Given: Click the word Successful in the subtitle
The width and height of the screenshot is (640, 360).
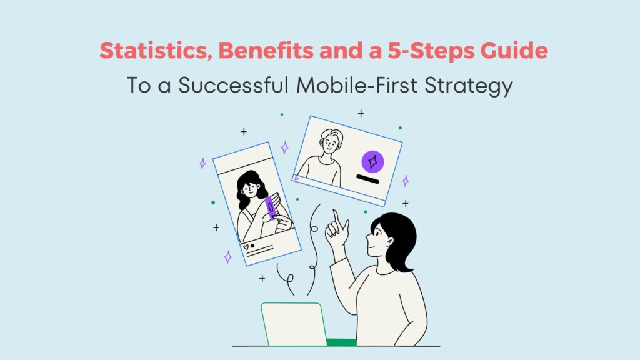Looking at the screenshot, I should (241, 86).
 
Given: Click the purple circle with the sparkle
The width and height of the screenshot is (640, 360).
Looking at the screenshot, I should (372, 162).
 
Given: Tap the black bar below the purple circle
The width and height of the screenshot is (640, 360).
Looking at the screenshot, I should (367, 181).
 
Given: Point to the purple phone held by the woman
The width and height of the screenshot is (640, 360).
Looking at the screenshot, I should (271, 208).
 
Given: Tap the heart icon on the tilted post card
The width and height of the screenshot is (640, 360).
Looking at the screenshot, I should (246, 247).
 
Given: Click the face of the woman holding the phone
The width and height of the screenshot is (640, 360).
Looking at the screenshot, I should (254, 189).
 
